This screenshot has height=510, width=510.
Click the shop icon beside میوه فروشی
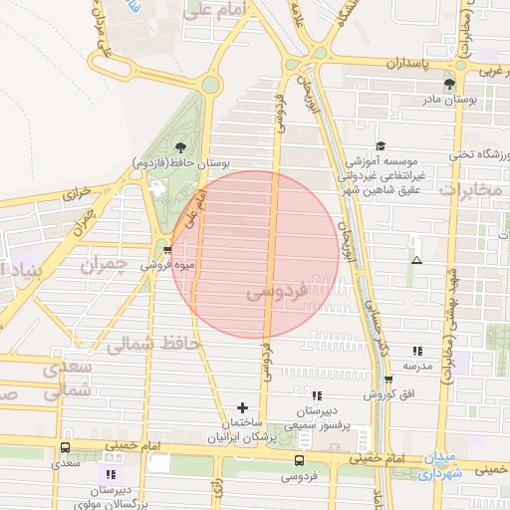(166, 249)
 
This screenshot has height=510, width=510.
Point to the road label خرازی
(78, 191)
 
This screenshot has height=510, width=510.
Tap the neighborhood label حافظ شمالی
(152, 345)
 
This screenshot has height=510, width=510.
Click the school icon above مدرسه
(417, 351)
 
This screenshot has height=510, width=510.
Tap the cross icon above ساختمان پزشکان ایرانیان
(242, 407)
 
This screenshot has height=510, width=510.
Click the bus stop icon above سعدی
(66, 447)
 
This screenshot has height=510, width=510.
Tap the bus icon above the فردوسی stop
(300, 459)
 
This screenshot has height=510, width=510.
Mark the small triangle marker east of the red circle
(416, 260)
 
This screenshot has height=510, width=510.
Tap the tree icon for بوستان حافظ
(180, 147)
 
